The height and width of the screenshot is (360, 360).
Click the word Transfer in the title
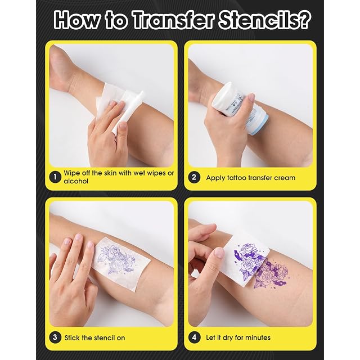[174, 20]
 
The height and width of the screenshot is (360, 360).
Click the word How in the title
[78, 20]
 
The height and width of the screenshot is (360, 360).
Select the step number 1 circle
[55, 177]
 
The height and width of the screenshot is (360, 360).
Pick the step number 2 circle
[194, 178]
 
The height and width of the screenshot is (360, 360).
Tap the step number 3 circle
[55, 337]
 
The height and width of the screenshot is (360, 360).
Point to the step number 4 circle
[194, 337]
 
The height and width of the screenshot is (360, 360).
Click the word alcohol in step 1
[76, 181]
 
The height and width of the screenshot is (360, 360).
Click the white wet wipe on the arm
[119, 109]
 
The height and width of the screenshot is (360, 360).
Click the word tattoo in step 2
[236, 178]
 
